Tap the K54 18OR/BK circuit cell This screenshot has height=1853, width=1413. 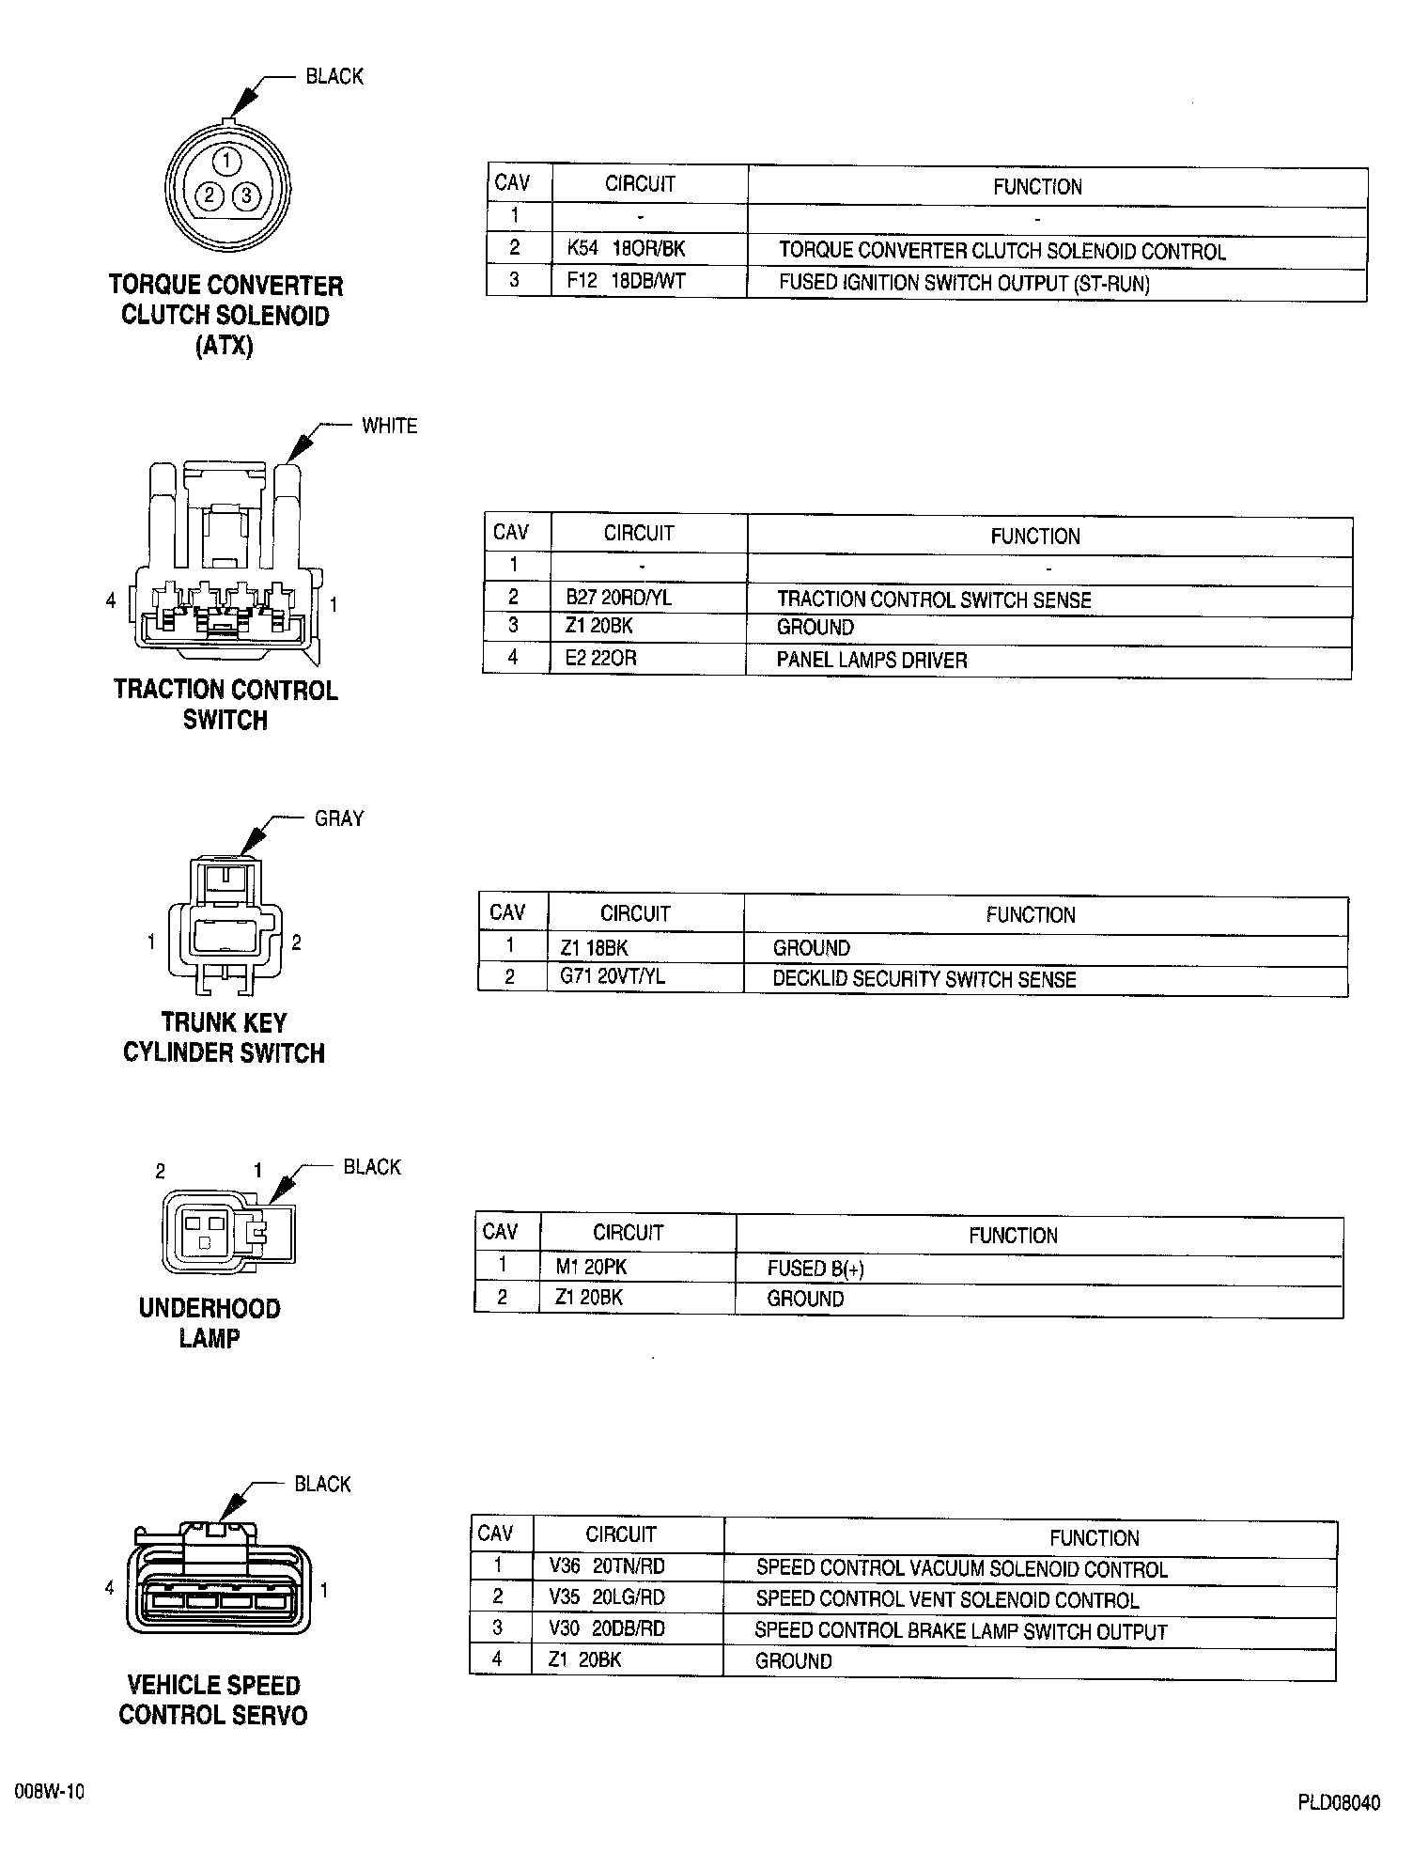point(626,250)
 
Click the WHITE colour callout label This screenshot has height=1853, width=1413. point(389,426)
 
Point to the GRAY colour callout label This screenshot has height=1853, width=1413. point(339,818)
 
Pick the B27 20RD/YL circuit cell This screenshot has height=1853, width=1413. point(618,598)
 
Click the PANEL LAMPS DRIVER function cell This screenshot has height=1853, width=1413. point(871,661)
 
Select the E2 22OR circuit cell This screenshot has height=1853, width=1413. point(600,658)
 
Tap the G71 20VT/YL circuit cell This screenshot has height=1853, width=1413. point(613,976)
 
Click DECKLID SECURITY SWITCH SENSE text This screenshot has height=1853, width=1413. point(924,979)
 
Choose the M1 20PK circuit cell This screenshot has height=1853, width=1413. point(590,1267)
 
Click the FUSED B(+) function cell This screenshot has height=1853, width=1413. point(815,1269)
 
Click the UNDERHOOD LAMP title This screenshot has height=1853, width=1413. point(210,1323)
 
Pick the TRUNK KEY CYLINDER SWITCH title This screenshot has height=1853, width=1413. point(224,1037)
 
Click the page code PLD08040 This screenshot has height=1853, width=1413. point(1339,1803)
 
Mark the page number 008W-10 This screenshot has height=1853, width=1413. point(50,1792)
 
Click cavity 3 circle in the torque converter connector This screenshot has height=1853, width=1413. point(246,195)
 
